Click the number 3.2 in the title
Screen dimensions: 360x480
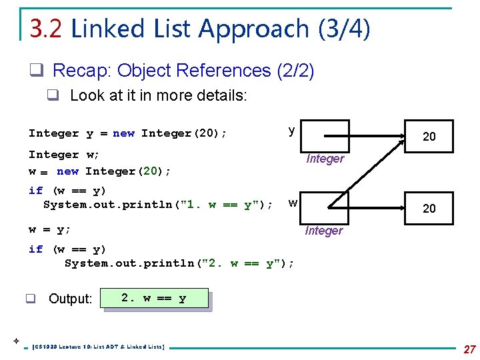tap(46, 29)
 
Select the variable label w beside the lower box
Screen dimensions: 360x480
tap(293, 201)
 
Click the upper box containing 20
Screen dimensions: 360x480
tap(429, 137)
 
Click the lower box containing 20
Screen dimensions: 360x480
tap(429, 209)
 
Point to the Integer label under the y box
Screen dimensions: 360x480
tap(325, 159)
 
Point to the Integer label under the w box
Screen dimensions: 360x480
tap(323, 231)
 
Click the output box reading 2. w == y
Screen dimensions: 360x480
tap(154, 298)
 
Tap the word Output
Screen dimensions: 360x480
tap(70, 299)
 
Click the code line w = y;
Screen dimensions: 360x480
tap(49, 229)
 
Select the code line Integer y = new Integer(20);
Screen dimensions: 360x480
tap(127, 133)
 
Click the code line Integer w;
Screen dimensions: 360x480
tap(64, 154)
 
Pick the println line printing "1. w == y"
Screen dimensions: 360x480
tap(157, 205)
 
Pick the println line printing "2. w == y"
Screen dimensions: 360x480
tap(179, 263)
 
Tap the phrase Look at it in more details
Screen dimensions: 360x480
tap(158, 95)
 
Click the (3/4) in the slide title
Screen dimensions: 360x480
tap(344, 29)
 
